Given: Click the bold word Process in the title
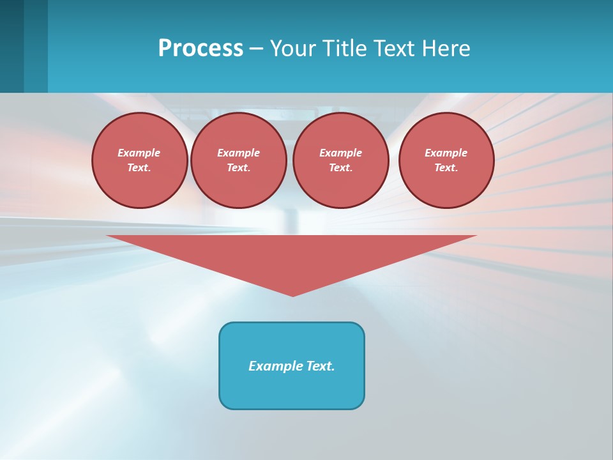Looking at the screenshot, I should (x=201, y=49).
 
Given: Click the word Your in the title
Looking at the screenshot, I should (x=292, y=49).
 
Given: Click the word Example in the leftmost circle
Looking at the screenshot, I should (x=139, y=153).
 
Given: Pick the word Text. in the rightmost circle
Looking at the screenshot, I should (x=446, y=167).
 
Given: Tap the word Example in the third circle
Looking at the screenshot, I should (x=340, y=153).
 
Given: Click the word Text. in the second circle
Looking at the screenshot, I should (x=238, y=167).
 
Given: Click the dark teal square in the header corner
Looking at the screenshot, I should (x=11, y=46).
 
